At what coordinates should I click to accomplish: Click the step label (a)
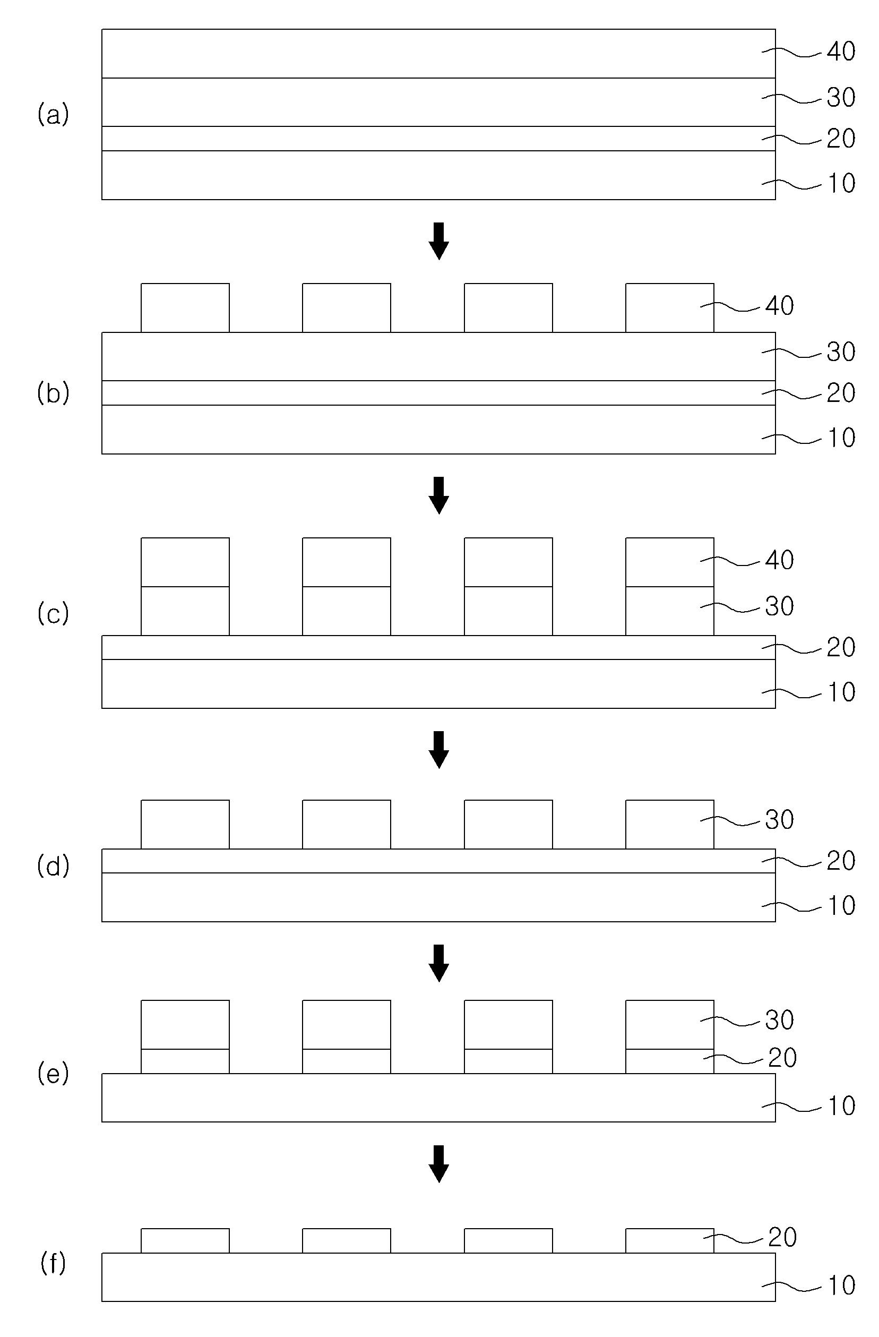coord(54,115)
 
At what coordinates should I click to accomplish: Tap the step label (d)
coord(54,865)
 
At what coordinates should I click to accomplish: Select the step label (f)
coord(54,1263)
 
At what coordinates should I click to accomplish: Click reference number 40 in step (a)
coord(841,52)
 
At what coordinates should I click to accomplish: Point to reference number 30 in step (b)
coord(841,352)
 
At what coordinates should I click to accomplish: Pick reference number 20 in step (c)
coord(841,648)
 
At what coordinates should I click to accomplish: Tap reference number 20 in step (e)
coord(782,1058)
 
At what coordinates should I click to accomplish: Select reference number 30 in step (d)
coord(780,820)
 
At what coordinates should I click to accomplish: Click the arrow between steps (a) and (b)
coord(438,241)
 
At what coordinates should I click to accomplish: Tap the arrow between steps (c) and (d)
coord(438,749)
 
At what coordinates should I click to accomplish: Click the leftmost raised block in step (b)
coord(185,308)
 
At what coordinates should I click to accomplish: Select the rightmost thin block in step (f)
coord(669,1240)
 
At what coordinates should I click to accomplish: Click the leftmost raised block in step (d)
coord(185,824)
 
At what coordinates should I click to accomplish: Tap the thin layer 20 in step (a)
coord(438,138)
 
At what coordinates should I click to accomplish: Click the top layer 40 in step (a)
coord(438,54)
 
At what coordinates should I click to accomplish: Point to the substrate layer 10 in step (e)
coord(438,1098)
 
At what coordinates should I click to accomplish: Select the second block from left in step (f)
coord(347,1240)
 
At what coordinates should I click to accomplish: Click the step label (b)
coord(54,393)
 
